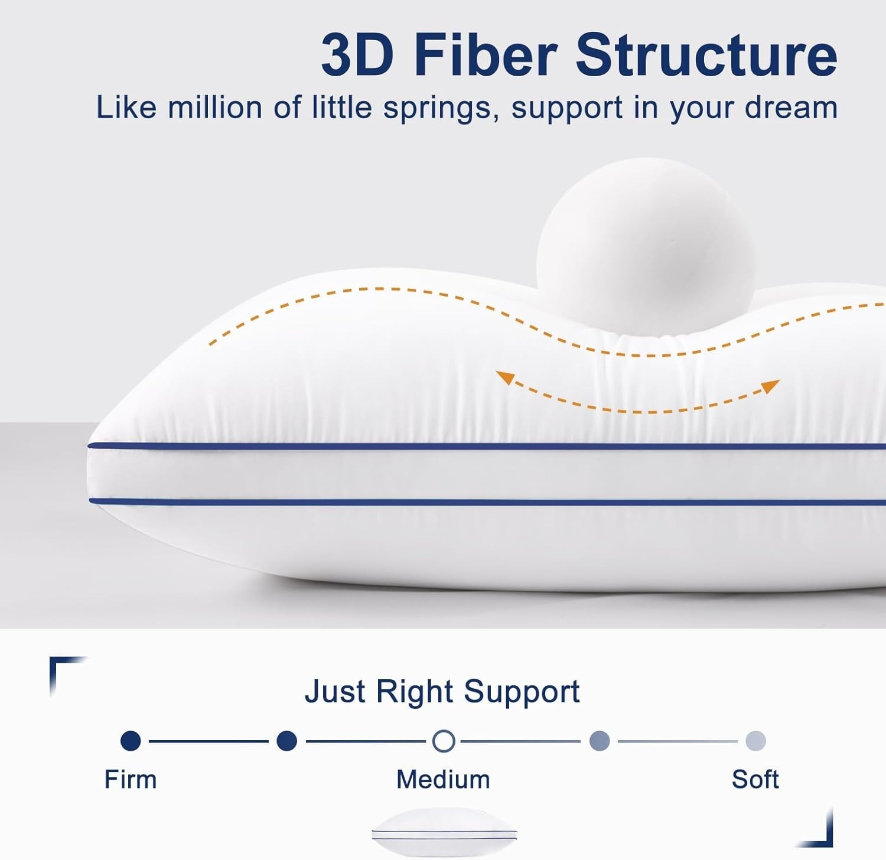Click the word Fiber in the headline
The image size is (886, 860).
point(486,54)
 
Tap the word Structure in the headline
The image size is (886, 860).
point(706,54)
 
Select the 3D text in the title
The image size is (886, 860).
point(357,54)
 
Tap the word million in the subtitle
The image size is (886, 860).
point(215,107)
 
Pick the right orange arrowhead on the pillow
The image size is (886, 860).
point(771,386)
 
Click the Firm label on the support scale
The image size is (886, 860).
point(131,779)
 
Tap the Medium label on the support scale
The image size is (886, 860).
point(443,779)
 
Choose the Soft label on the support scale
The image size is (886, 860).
point(755,779)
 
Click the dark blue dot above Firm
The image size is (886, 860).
point(131,741)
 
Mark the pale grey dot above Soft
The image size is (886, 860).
point(756,741)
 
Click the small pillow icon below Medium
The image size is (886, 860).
point(444,833)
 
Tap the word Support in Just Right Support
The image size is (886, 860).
point(522,692)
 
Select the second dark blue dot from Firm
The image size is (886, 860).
point(286,741)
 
